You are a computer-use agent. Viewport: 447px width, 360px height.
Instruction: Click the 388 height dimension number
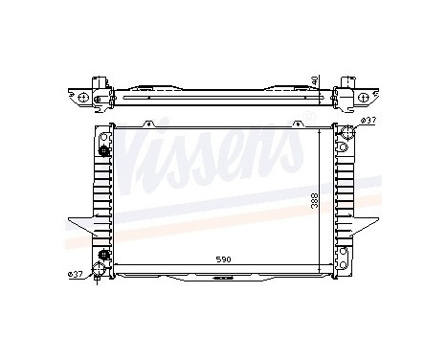pos(315,202)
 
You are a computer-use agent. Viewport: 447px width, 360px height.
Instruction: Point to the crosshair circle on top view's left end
pos(84,98)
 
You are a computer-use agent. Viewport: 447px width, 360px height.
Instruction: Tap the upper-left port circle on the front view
pos(104,149)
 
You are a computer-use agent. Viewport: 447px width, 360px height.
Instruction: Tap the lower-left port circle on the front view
pos(104,255)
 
